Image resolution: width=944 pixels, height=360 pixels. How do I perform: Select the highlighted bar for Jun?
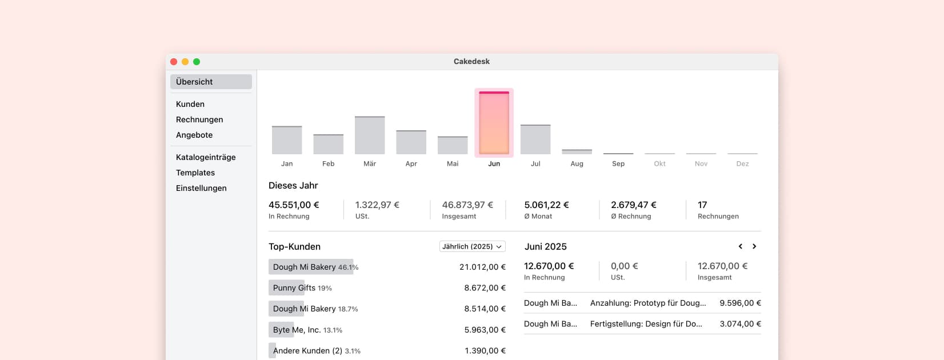pyautogui.click(x=494, y=123)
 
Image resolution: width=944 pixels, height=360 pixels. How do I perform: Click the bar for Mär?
pyautogui.click(x=370, y=135)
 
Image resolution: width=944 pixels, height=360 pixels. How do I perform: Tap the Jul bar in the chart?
pyautogui.click(x=535, y=139)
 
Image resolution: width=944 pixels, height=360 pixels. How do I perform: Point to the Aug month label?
pyautogui.click(x=577, y=164)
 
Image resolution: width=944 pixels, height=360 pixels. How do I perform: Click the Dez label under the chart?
pyautogui.click(x=742, y=164)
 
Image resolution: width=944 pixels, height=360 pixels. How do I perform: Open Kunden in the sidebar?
pyautogui.click(x=190, y=104)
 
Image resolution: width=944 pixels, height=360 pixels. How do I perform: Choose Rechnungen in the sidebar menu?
pyautogui.click(x=199, y=119)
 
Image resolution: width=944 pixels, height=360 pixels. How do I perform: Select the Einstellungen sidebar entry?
pyautogui.click(x=201, y=188)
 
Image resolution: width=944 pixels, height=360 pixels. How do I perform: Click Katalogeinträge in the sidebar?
pyautogui.click(x=206, y=157)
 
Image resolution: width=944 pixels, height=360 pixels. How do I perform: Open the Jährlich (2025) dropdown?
pyautogui.click(x=472, y=246)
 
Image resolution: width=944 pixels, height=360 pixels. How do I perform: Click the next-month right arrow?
pyautogui.click(x=754, y=246)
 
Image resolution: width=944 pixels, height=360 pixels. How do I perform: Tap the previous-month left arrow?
pyautogui.click(x=741, y=246)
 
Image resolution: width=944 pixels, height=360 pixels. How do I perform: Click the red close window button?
pyautogui.click(x=174, y=62)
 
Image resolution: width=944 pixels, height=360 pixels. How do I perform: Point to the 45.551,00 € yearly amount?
pyautogui.click(x=294, y=205)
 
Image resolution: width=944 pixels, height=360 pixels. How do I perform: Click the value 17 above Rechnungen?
pyautogui.click(x=702, y=205)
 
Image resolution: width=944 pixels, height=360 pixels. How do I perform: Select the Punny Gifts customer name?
pyautogui.click(x=294, y=288)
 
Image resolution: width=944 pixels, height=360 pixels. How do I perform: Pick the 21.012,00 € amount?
pyautogui.click(x=482, y=267)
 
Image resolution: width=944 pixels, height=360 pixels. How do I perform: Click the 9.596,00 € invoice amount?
pyautogui.click(x=740, y=303)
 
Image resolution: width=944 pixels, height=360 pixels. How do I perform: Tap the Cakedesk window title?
pyautogui.click(x=471, y=62)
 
